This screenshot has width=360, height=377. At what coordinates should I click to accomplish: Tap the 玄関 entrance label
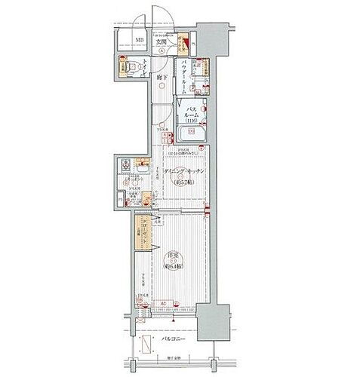coord(161,41)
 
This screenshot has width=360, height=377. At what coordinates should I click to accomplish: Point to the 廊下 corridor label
coord(161,78)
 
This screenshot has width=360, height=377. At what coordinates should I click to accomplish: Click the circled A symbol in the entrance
coord(161,51)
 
